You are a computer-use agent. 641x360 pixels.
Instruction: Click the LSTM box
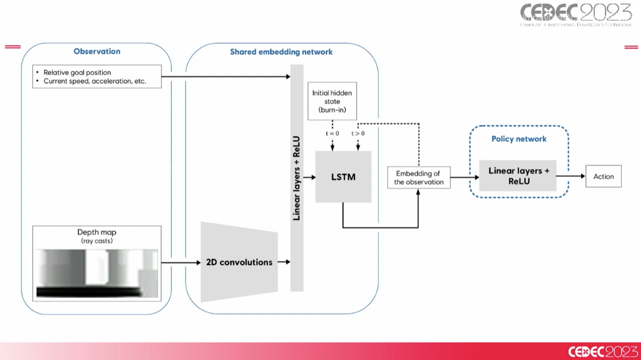tap(343, 177)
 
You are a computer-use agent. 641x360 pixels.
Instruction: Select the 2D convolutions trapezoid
tap(239, 262)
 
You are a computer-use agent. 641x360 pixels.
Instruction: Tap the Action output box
tap(603, 177)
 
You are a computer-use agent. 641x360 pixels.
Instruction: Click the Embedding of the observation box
tap(419, 178)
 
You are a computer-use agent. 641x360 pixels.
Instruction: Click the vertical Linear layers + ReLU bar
tap(297, 178)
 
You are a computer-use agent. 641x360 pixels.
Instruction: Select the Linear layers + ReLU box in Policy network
tap(518, 176)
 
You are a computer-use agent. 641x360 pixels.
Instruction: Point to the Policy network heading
tap(519, 139)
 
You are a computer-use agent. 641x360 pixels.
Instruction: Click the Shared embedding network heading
tap(282, 52)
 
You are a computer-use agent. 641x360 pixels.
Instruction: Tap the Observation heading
tap(97, 52)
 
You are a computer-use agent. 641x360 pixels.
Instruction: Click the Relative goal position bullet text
tap(77, 73)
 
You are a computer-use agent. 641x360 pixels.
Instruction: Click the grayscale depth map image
tap(97, 273)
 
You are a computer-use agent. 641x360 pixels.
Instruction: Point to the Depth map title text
tap(97, 232)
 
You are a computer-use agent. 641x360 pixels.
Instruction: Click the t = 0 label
tap(333, 133)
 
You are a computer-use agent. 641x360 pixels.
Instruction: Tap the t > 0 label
tap(358, 133)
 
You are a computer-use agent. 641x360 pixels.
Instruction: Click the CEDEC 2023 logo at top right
tap(576, 14)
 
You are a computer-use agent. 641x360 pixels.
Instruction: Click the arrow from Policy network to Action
tap(570, 177)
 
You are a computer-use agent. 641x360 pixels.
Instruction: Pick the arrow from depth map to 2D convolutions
tap(180, 262)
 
